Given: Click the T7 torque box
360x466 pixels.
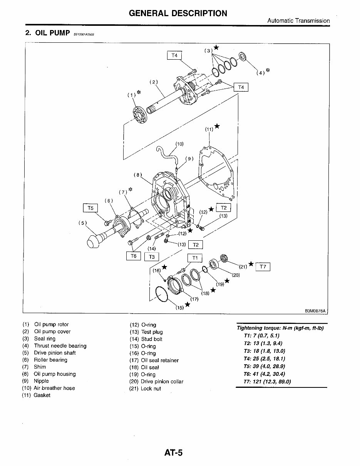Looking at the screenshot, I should point(263,267).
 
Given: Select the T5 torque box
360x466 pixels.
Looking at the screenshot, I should point(90,208).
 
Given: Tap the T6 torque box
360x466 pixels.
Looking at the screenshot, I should point(134,256).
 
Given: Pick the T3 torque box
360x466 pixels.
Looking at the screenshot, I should point(152,257).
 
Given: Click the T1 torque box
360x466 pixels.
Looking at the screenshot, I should point(195,258).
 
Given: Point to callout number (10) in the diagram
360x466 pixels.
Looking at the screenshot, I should point(179,144).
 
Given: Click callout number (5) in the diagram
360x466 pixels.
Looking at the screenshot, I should point(83,223).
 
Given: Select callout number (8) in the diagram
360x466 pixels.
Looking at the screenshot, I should point(138,174).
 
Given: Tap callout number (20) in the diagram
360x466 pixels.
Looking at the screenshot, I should point(236,275).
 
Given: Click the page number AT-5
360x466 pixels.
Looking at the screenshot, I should point(173,453).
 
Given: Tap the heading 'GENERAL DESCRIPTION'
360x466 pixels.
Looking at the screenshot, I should point(178,13).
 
